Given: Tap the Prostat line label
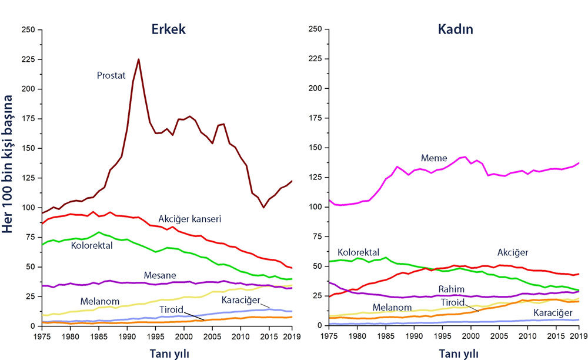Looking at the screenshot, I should coord(112,75).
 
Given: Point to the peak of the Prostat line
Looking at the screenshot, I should coord(138,59).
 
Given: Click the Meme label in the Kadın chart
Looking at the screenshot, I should coord(433,158).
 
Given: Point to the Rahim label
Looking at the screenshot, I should coord(451,289).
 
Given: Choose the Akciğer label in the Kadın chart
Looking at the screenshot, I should coord(513,252).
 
